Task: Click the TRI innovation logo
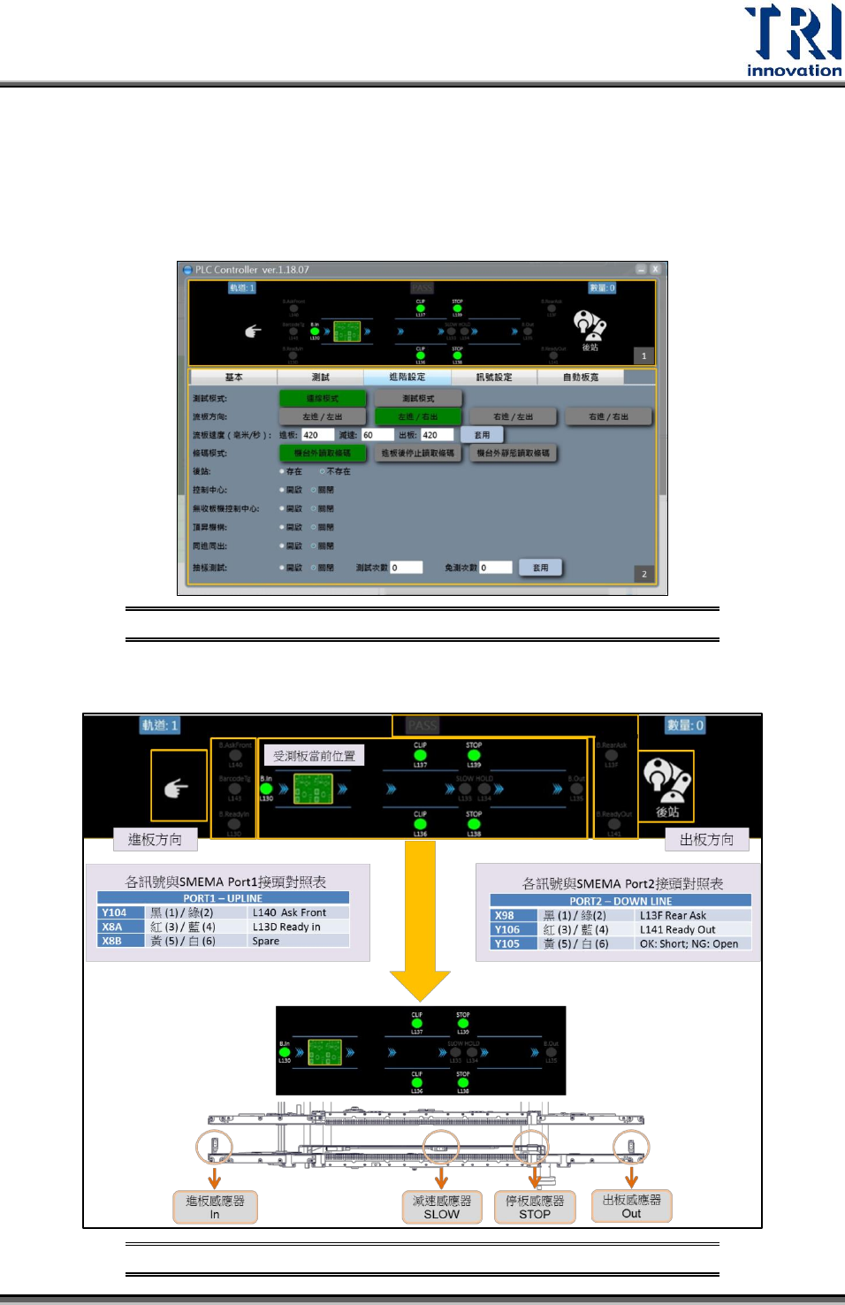[x=793, y=41]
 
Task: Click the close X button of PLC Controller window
[x=655, y=269]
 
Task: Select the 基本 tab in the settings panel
[x=233, y=378]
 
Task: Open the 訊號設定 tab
[x=494, y=378]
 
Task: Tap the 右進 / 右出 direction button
[x=608, y=416]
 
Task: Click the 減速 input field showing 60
[x=377, y=435]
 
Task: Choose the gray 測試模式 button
[x=418, y=399]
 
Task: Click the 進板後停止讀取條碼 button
[x=418, y=454]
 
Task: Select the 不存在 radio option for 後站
[x=323, y=472]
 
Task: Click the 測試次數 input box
[x=407, y=568]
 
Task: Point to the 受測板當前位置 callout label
[x=314, y=756]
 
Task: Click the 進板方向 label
[x=156, y=840]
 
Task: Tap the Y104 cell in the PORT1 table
[x=114, y=912]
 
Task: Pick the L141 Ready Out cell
[x=678, y=929]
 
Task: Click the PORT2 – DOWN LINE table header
[x=620, y=901]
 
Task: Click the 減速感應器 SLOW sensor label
[x=442, y=1207]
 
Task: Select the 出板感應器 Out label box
[x=631, y=1206]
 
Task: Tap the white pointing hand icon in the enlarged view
[x=177, y=787]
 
